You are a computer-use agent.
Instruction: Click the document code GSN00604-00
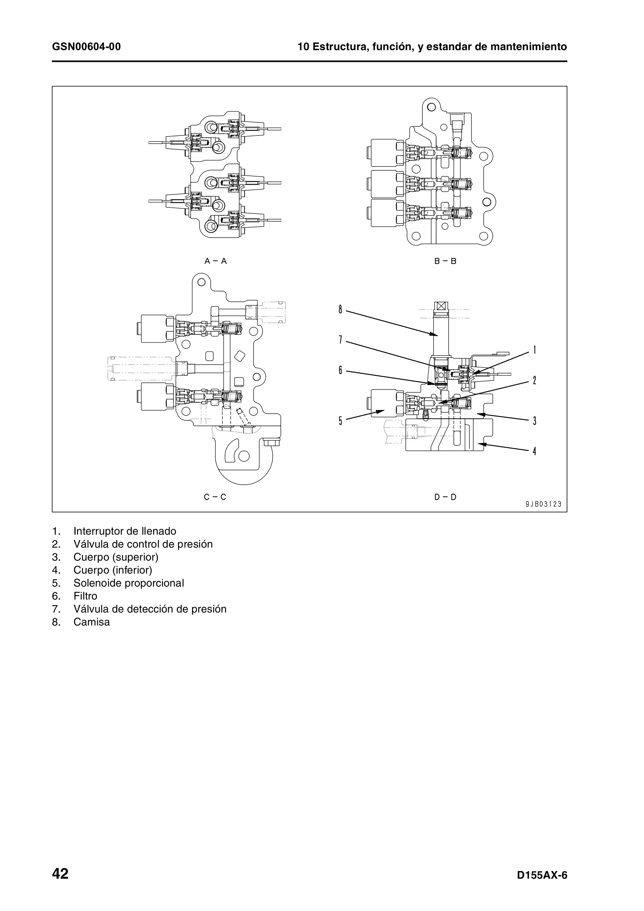point(86,47)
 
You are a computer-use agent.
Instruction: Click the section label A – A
point(215,261)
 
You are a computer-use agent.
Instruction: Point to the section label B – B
point(445,261)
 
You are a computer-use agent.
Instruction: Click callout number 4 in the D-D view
point(535,451)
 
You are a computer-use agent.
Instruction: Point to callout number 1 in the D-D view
point(535,350)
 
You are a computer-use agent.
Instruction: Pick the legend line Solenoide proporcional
point(129,583)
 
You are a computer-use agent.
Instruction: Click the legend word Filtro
point(85,596)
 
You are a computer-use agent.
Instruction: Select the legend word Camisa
point(91,622)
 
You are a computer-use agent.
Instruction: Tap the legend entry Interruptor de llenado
point(125,531)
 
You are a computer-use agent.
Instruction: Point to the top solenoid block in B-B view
point(387,152)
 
